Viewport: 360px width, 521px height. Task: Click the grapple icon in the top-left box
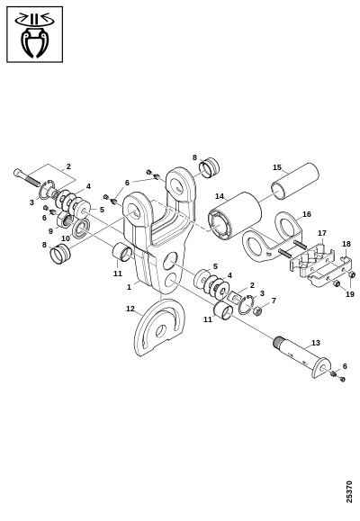click(34, 34)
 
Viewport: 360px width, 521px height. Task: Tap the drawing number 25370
click(349, 491)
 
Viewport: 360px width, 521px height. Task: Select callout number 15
click(277, 167)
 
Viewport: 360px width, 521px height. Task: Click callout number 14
click(220, 196)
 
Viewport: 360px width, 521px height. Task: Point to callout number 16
click(307, 214)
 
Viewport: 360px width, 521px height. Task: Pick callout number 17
click(322, 233)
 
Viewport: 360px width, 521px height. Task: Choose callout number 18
click(346, 244)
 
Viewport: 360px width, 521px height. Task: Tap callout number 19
click(350, 294)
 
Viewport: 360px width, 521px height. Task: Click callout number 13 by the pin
click(316, 343)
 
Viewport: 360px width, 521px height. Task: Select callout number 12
click(130, 309)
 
